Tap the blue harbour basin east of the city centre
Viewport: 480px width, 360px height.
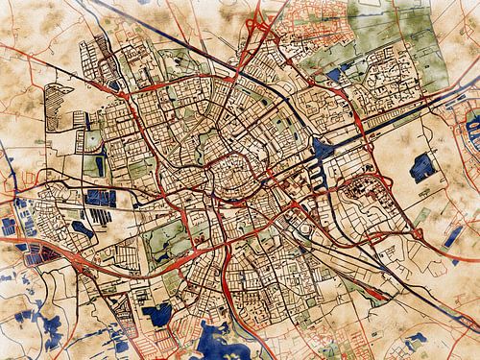pyautogui.click(x=319, y=149)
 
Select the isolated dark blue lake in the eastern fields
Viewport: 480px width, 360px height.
pyautogui.click(x=422, y=167)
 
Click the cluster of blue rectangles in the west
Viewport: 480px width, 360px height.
pyautogui.click(x=101, y=200)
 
